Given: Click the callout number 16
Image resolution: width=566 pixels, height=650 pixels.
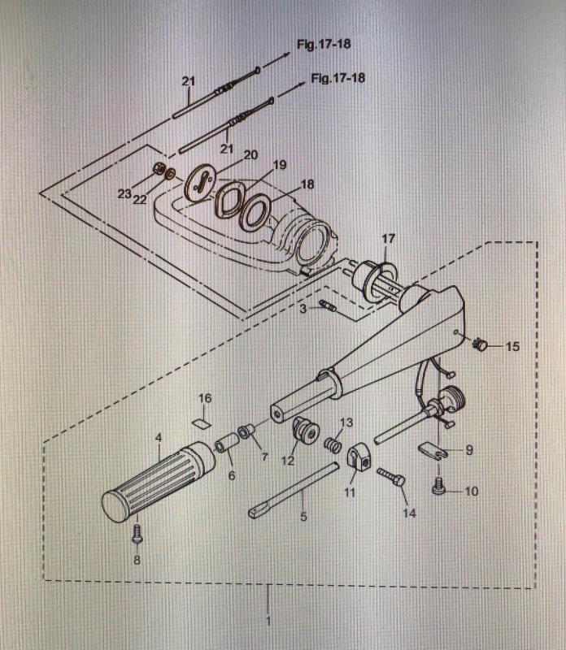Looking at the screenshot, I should [205, 398].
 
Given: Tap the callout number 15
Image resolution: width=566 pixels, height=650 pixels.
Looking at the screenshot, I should [512, 347].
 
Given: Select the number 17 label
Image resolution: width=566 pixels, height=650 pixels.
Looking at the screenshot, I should [388, 239].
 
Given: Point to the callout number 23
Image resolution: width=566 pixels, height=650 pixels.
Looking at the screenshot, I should [124, 194].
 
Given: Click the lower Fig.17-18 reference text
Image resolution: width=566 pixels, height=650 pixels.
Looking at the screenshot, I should [337, 79].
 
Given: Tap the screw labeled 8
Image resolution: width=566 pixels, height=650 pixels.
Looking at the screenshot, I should [137, 534].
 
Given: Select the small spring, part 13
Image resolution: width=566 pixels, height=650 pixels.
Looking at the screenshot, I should [332, 446].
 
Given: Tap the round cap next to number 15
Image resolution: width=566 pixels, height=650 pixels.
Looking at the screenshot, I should [481, 345].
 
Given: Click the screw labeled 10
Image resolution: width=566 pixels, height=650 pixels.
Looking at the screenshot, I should [440, 488].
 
